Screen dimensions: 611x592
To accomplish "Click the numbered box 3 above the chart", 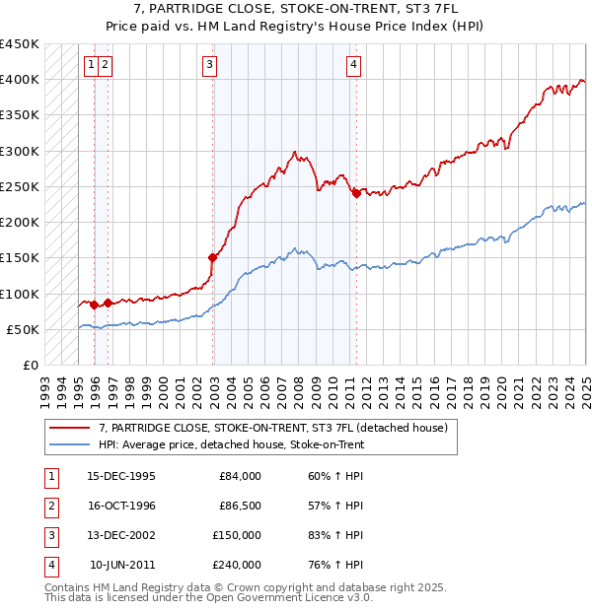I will pos(210,66).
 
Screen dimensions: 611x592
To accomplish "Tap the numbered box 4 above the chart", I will pos(352,66).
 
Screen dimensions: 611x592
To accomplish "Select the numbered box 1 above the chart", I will pos(91,66).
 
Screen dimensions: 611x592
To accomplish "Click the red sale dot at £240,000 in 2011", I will pos(356,193).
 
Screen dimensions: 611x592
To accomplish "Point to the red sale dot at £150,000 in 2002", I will pos(212,257).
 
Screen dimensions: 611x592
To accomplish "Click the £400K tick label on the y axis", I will pos(20,79).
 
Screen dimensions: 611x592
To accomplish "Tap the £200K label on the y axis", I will pos(20,222).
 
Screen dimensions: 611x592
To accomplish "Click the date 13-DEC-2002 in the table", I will pos(121,535).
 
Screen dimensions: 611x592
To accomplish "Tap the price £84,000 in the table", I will pos(240,476).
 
